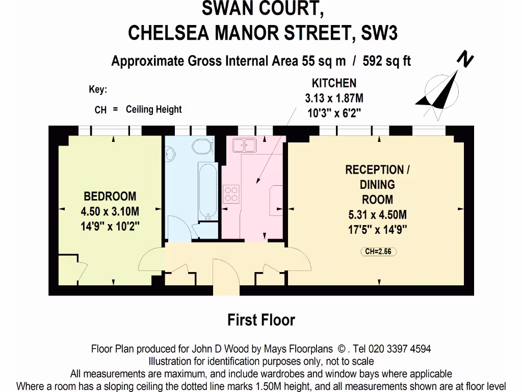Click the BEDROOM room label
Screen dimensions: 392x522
coord(110,196)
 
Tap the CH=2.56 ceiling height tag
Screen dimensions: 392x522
coord(378,251)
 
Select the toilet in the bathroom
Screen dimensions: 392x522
coord(203,145)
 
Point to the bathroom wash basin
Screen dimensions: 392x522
coord(170,153)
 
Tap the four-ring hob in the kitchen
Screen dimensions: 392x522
coord(231,193)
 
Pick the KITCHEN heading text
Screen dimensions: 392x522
coord(334,83)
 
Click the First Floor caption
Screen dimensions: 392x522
coord(261,320)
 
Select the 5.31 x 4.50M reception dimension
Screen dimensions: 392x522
coord(377,215)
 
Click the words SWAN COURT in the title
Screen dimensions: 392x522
coord(262,9)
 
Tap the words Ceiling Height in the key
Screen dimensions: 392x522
coord(153,109)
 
